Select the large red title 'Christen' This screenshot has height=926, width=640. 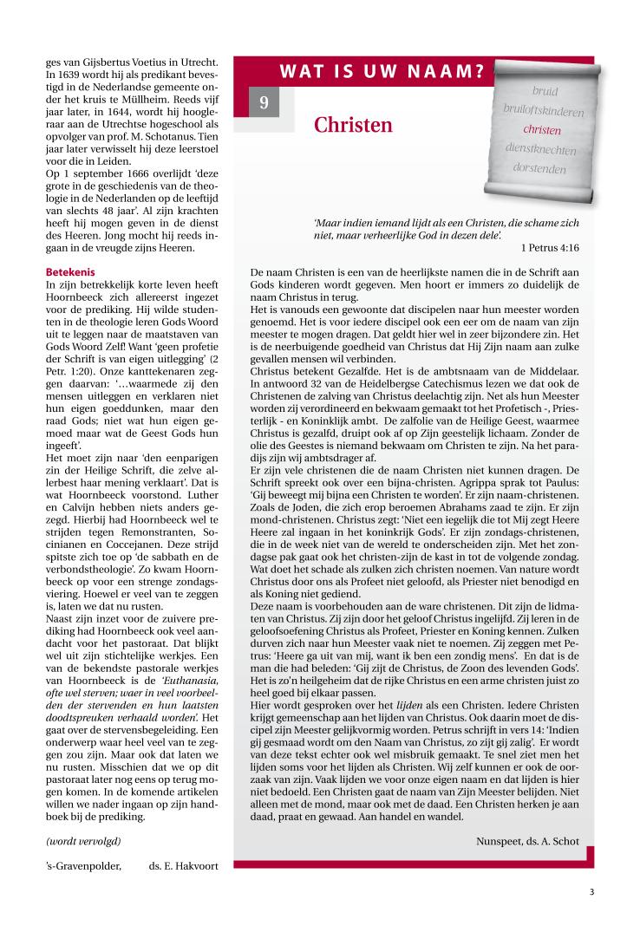353,126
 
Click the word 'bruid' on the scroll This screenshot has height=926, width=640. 545,92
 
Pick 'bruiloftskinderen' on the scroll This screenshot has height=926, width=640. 544,112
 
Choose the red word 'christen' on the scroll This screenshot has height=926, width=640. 542,130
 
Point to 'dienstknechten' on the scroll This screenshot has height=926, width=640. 540,149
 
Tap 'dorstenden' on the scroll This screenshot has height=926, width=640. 539,168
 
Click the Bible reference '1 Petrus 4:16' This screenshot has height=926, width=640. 551,247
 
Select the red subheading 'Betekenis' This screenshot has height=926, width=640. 70,271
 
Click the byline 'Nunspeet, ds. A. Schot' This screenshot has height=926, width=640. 527,841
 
